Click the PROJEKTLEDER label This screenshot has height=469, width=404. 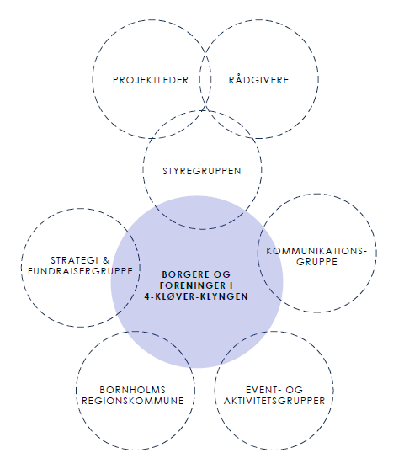pyautogui.click(x=151, y=80)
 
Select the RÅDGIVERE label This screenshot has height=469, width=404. pyautogui.click(x=258, y=79)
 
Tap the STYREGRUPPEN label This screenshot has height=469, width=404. pyautogui.click(x=201, y=171)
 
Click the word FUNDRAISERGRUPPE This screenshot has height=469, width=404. pyautogui.click(x=80, y=271)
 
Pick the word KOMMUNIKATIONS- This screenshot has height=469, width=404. pyautogui.click(x=316, y=251)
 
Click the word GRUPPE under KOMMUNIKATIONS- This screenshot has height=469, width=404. pyautogui.click(x=316, y=261)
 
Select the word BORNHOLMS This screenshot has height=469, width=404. pyautogui.click(x=132, y=390)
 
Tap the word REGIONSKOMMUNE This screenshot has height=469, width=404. pyautogui.click(x=133, y=401)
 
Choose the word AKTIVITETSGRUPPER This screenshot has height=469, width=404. pyautogui.click(x=274, y=401)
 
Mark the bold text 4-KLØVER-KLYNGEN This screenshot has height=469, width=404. pyautogui.click(x=196, y=296)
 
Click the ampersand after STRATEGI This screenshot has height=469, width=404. pyautogui.click(x=106, y=260)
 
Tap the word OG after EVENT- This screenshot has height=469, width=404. pyautogui.click(x=295, y=390)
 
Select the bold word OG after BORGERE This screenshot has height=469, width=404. pyautogui.click(x=222, y=274)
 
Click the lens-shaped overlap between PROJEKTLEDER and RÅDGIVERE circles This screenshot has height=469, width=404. pyautogui.click(x=205, y=79)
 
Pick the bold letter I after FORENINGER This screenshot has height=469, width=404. pyautogui.click(x=231, y=285)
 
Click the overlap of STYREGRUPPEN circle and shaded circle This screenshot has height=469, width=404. pyautogui.click(x=201, y=213)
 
